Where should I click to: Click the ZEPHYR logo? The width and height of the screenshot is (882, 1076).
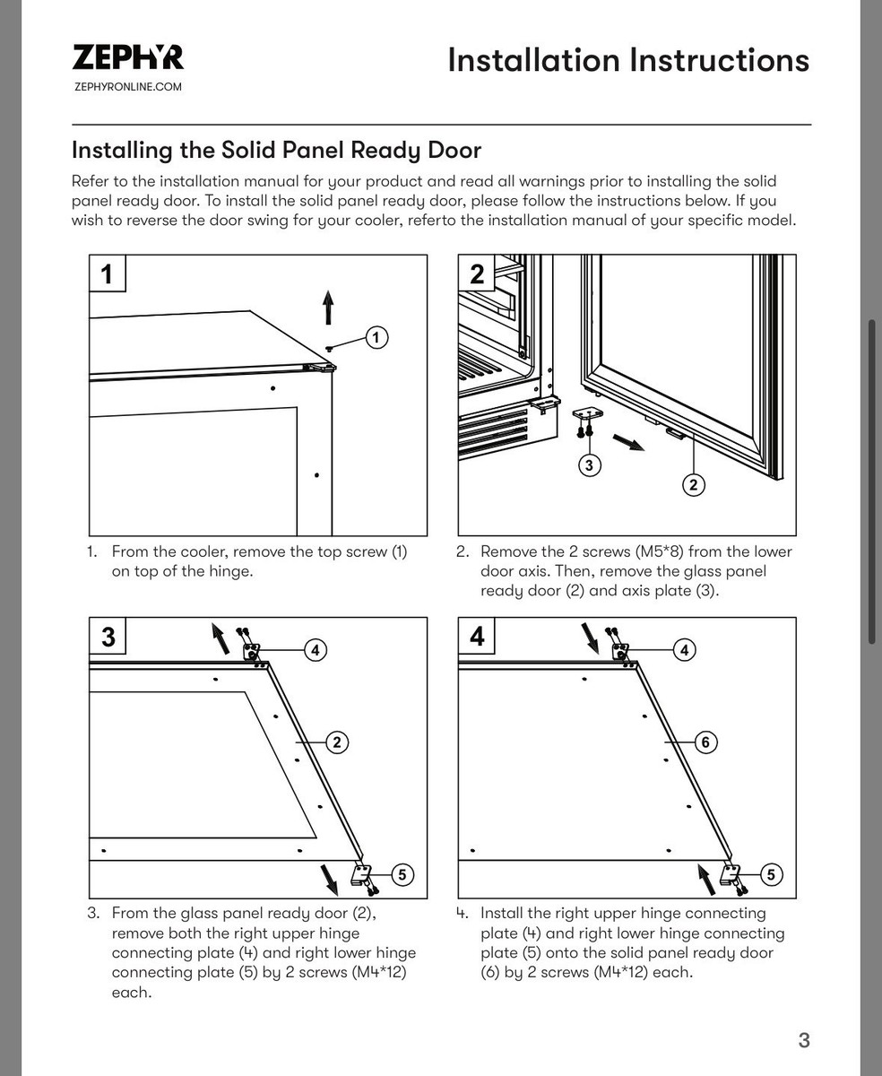coord(127,57)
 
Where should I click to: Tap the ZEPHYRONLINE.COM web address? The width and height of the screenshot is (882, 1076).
coord(127,87)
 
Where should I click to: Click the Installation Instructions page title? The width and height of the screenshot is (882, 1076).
coord(627,60)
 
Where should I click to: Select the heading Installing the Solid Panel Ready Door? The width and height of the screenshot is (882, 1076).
coord(276,149)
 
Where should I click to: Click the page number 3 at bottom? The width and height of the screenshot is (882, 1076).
coord(804,1040)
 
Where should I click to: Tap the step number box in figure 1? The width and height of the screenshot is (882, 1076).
coord(108,273)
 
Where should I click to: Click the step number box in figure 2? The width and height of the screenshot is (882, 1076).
coord(477,273)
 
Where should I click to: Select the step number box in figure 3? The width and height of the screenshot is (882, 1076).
coord(108,636)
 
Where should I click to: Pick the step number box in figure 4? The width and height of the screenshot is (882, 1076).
coord(477,636)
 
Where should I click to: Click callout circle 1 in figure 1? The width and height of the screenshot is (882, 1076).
coord(377,337)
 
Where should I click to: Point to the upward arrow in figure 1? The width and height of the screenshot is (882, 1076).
coord(329,308)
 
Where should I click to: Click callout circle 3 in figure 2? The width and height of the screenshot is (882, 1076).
coord(589,464)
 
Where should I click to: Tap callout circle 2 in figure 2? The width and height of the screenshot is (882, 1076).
coord(693,485)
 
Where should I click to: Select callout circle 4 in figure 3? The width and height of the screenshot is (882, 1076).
coord(316,650)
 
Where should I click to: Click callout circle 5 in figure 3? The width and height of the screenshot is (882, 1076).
coord(402,874)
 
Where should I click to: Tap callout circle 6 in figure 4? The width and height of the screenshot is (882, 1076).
coord(705,742)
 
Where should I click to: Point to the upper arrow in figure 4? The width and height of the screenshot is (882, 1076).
coord(591,638)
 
